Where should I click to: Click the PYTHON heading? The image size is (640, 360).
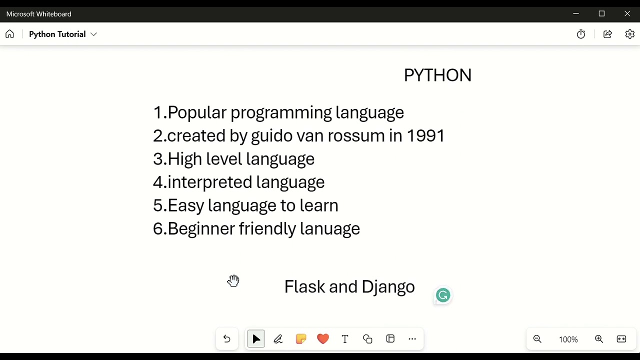[437, 75]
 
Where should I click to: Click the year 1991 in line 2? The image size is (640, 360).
[425, 136]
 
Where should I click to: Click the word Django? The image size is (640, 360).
[388, 287]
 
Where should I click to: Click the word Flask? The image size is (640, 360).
[304, 287]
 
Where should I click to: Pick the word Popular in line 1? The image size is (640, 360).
[197, 113]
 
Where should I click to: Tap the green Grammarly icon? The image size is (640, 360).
[443, 295]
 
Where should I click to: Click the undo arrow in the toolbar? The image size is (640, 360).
[227, 339]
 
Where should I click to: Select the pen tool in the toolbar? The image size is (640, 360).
[278, 339]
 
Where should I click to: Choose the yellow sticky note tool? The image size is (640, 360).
[300, 339]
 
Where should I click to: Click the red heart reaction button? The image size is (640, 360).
[323, 339]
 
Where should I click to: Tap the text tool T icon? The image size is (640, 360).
[345, 339]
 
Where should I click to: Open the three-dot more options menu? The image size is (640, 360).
[412, 339]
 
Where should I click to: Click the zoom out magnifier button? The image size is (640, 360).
[537, 339]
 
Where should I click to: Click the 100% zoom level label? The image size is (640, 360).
[568, 339]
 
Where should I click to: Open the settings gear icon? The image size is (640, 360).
[629, 34]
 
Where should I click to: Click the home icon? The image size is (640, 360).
[9, 34]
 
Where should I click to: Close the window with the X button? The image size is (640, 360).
[627, 13]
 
